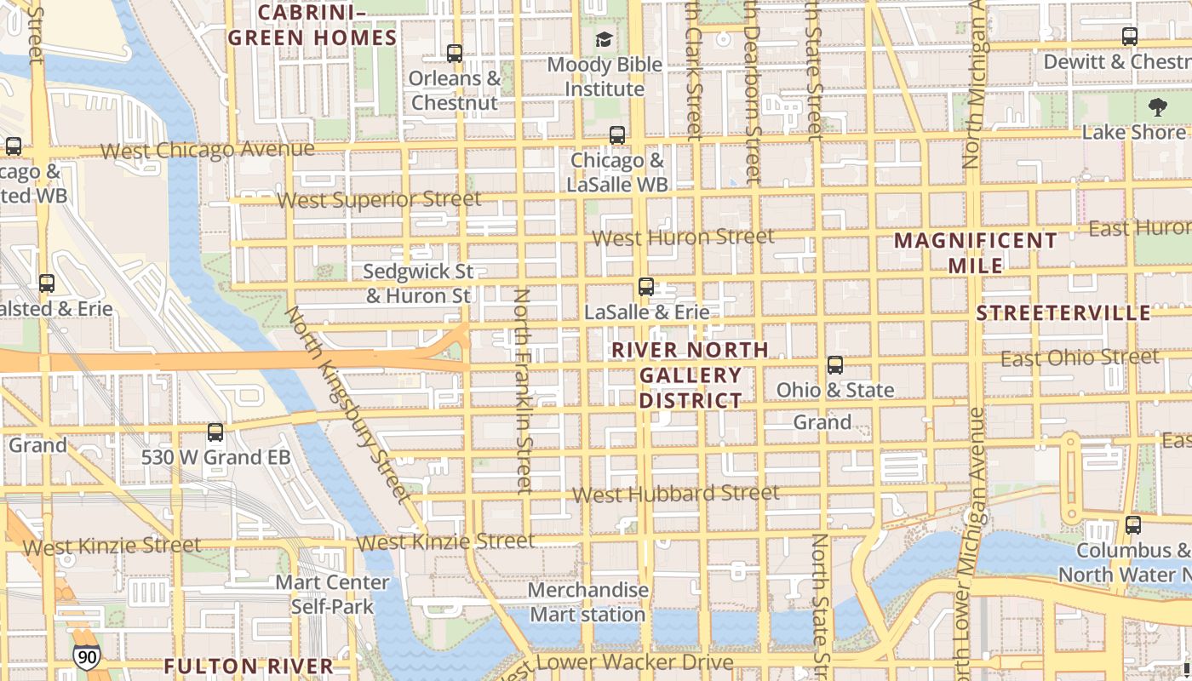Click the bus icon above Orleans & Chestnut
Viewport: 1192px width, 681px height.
[x=455, y=54]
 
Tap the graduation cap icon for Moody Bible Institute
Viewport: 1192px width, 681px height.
[x=604, y=39]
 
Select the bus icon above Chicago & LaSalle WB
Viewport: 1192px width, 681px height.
[x=617, y=135]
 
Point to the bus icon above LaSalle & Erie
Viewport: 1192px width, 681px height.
[x=646, y=287]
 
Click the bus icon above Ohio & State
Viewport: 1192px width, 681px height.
[x=835, y=365]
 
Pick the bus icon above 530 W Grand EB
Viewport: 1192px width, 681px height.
[x=215, y=432]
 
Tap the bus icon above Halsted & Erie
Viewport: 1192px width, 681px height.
[x=47, y=283]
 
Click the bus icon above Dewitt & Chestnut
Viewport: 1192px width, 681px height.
[x=1130, y=37]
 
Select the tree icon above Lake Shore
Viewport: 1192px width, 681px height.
[x=1157, y=107]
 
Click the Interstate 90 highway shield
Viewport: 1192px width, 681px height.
[x=86, y=656]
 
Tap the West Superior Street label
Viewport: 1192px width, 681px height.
[x=380, y=200]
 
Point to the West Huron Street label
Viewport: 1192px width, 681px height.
[x=684, y=237]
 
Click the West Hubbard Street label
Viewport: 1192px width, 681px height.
[x=675, y=494]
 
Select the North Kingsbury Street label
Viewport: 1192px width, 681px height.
[x=347, y=403]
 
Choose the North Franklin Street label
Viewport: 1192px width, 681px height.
[x=523, y=392]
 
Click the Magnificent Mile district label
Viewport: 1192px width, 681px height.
[x=976, y=253]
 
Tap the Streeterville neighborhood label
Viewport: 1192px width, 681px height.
[x=1063, y=313]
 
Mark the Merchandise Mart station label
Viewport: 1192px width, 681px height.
[x=587, y=602]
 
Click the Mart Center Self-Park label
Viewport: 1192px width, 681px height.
[x=332, y=594]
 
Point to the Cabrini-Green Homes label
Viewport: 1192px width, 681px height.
[x=312, y=26]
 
